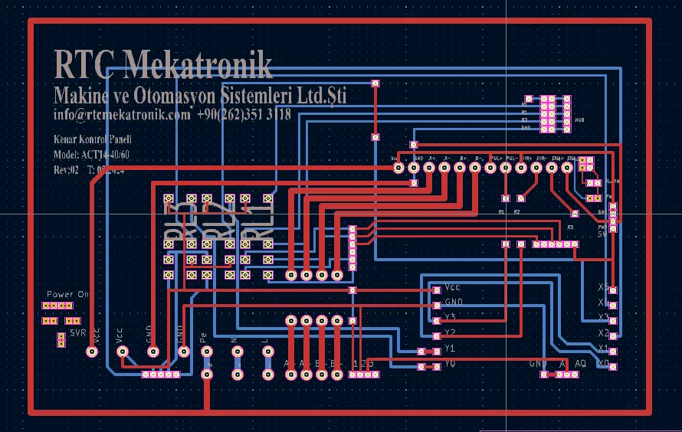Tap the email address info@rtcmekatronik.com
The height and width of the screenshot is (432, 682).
pos(121,115)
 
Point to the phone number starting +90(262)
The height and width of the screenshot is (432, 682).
pos(244,115)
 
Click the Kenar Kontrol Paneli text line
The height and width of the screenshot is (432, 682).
pos(92,140)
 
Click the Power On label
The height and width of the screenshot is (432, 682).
pos(67,294)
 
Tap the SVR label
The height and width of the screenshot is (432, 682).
pos(77,334)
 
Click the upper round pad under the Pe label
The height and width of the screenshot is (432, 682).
pos(206,352)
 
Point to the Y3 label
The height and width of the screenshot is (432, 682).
pos(450,317)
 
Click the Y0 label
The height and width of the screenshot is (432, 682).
pos(450,365)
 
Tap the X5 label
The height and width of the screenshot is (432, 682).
pos(603,287)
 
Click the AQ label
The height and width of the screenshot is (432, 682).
pos(580,363)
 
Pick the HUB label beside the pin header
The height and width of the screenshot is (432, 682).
pos(580,121)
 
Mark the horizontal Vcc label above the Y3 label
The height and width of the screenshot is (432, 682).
pos(452,287)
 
